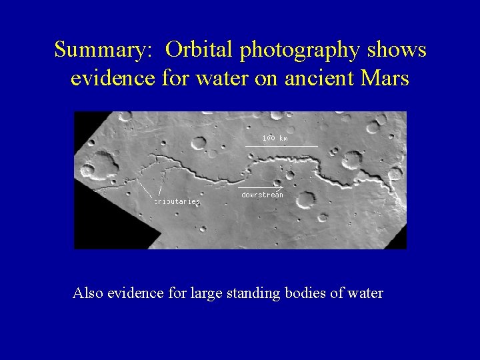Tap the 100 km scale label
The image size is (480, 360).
point(275,138)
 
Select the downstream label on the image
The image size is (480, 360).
point(262,195)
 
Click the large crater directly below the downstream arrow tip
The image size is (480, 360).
point(307,199)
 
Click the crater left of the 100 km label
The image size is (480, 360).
point(199,142)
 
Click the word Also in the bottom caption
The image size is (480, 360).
point(87,293)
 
